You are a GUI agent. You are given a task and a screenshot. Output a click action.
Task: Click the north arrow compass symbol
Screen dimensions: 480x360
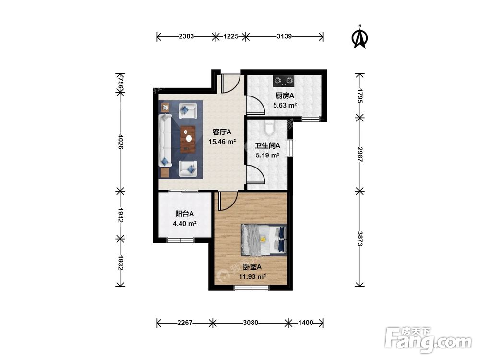coord(360,37)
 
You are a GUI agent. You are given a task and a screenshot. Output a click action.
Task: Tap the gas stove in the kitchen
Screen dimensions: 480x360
coord(284,81)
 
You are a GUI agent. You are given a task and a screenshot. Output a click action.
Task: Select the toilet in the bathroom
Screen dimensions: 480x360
coord(269,128)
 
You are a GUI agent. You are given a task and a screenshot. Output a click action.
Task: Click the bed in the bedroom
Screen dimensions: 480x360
coord(264,240)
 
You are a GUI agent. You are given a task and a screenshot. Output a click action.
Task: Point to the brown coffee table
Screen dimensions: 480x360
coord(188,139)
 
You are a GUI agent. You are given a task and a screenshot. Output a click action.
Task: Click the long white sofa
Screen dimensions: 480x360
coord(165,140)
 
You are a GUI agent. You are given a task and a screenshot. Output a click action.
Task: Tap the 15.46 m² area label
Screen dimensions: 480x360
coord(222,142)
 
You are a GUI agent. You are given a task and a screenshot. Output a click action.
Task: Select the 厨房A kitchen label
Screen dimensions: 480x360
coord(285,96)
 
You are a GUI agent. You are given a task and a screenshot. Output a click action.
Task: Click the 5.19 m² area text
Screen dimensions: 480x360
coord(267,155)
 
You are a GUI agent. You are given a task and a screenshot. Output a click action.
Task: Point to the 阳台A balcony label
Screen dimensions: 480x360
coord(184,214)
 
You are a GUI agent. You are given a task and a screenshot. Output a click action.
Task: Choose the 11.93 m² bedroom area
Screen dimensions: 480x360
coord(252,277)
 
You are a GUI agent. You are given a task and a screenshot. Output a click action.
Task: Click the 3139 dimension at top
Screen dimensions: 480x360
coord(284,36)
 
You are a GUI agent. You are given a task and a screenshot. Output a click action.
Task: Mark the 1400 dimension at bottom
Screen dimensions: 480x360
coord(305,323)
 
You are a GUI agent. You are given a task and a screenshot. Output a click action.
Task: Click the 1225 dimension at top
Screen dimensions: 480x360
coord(231,36)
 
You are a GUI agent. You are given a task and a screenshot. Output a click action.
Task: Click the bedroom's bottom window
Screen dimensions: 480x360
coord(252,288)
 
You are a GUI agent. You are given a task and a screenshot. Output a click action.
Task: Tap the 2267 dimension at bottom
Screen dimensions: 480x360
coord(185,323)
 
